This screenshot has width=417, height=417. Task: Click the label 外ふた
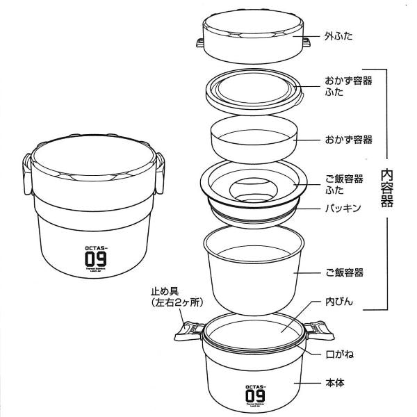tap(340, 34)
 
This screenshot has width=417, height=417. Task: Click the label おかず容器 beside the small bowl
tap(347, 140)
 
